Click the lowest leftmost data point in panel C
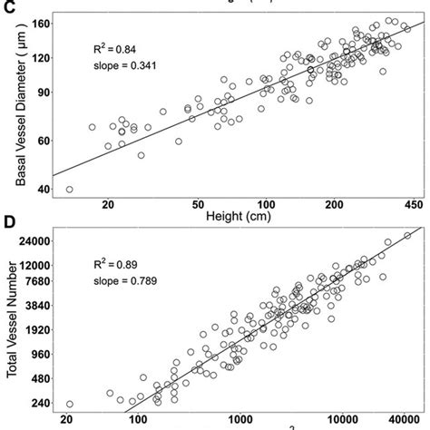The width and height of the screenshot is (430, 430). [x=70, y=190]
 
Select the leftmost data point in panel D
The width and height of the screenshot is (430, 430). [x=70, y=404]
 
